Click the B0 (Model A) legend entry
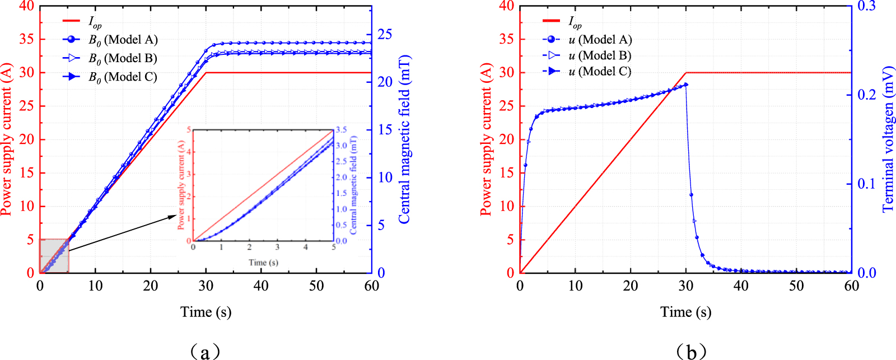[x=123, y=40]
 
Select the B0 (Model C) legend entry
[x=123, y=77]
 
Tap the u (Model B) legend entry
[x=600, y=55]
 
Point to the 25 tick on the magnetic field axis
[x=385, y=34]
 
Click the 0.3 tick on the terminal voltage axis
[x=866, y=6]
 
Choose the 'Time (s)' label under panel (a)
[x=206, y=312]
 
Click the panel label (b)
[x=691, y=352]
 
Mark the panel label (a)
[x=205, y=352]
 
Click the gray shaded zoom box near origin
[x=54, y=256]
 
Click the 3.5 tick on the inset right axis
[x=341, y=129]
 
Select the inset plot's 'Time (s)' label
[x=263, y=262]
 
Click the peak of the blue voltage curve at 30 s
[x=686, y=85]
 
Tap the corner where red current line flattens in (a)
[x=206, y=73]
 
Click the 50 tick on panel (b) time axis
[x=796, y=286]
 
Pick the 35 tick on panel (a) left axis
[x=26, y=39]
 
